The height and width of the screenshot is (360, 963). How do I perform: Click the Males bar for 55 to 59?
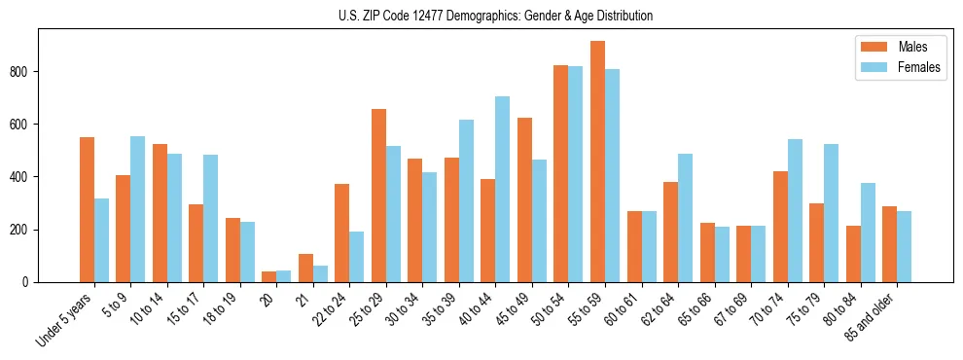coord(597,162)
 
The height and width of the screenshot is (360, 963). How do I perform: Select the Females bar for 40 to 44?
coord(502,190)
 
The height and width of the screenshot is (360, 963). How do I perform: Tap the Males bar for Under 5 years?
coord(87,209)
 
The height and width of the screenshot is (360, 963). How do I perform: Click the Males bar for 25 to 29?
coord(378,196)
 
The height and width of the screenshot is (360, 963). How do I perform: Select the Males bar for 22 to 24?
coord(341,234)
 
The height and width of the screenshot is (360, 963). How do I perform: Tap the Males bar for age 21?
coord(305,268)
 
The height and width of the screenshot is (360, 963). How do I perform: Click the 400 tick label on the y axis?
coord(21,177)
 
